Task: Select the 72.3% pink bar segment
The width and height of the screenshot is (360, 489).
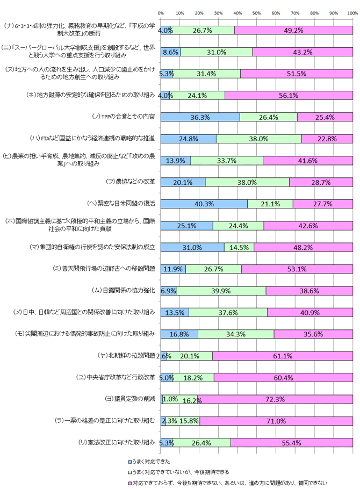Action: click(275, 399)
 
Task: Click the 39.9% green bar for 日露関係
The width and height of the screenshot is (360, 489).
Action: click(221, 291)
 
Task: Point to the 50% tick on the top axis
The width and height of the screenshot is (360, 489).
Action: click(257, 12)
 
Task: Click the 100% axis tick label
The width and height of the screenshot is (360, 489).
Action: click(352, 12)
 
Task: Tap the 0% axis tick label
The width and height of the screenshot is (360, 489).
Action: click(161, 12)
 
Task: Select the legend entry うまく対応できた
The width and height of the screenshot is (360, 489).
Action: click(148, 462)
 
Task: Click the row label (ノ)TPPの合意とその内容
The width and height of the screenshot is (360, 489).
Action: click(124, 117)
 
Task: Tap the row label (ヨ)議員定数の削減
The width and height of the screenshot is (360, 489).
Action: click(131, 399)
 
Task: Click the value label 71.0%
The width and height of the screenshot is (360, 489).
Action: click(275, 421)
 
